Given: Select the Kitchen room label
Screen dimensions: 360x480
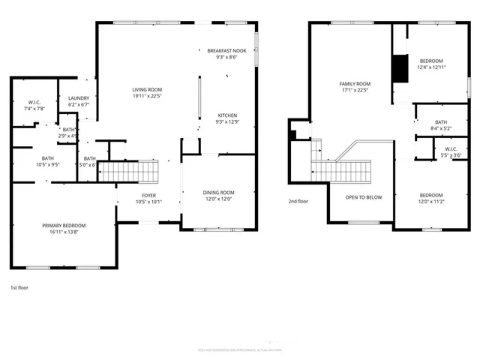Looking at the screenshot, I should [x=227, y=115].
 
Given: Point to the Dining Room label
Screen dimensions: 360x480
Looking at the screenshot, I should [x=219, y=193].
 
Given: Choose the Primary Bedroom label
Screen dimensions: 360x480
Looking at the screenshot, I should [x=63, y=226].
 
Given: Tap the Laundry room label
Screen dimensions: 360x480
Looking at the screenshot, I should [x=79, y=98].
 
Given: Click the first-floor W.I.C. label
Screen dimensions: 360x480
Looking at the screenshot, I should [x=34, y=103].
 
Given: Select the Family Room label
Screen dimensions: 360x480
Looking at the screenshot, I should [x=355, y=84].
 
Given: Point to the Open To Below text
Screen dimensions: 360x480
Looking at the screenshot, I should [x=363, y=197].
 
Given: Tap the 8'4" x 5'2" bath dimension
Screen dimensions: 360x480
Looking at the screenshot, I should [x=440, y=128].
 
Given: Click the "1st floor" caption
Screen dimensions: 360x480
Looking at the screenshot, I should [x=19, y=288].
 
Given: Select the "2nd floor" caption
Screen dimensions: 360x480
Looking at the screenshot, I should [x=298, y=201].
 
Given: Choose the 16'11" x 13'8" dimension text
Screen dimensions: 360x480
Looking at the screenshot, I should [x=63, y=232].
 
